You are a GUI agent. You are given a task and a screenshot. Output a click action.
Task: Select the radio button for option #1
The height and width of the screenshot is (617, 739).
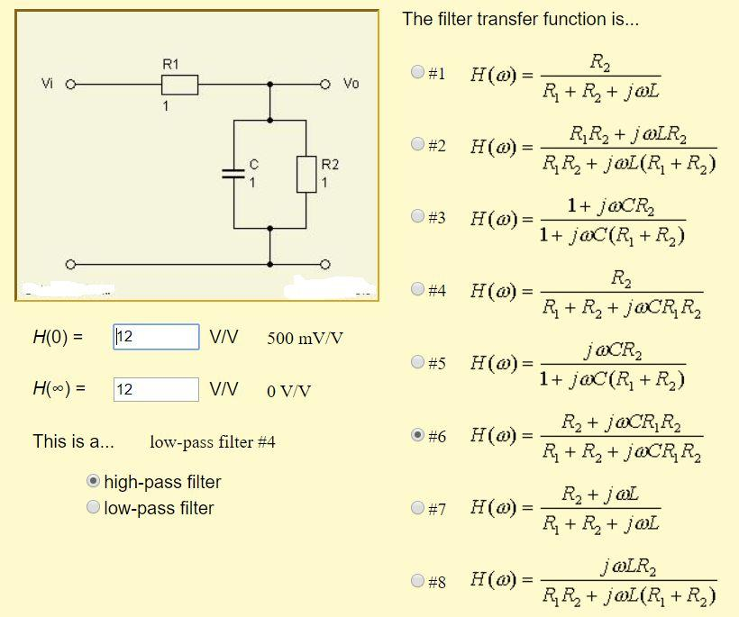point(417,72)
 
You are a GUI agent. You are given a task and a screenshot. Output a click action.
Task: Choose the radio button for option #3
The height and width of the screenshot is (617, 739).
point(417,216)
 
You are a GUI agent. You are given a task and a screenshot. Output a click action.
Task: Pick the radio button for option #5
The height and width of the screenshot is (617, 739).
point(417,362)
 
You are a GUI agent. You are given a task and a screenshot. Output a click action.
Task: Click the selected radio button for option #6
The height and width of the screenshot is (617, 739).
point(417,435)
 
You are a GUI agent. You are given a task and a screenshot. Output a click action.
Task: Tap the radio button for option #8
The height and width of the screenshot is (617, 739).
point(417,581)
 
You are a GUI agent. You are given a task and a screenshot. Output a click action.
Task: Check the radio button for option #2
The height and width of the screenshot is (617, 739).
point(417,143)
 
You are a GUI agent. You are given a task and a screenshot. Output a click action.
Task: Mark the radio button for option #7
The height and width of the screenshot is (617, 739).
point(417,508)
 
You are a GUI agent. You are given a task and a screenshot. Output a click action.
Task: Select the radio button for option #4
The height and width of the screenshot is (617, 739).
point(417,289)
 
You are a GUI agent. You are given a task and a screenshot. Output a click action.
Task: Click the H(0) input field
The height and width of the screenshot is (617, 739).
point(156,337)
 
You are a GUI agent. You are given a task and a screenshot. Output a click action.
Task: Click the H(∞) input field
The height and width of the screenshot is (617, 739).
point(156,389)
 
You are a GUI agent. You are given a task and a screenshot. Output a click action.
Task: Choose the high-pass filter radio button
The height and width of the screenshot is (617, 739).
point(93,482)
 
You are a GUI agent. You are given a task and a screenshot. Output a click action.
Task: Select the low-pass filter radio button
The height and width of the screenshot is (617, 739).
point(93,508)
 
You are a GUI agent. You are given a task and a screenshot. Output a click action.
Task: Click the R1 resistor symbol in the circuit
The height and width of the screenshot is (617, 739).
point(179,85)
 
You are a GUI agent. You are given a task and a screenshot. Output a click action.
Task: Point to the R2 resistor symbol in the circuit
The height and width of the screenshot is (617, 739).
point(306,173)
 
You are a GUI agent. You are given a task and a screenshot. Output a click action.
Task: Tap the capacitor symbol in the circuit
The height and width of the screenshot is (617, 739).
point(233,174)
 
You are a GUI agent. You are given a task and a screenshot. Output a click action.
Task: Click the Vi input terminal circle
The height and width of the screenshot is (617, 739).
point(68,85)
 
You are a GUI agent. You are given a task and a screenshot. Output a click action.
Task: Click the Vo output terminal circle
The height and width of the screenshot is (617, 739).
point(325,85)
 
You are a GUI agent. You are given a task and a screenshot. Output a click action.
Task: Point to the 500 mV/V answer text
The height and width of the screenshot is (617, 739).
point(305,339)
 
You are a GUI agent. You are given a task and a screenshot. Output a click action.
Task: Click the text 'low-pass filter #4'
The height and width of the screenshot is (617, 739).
point(213,442)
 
